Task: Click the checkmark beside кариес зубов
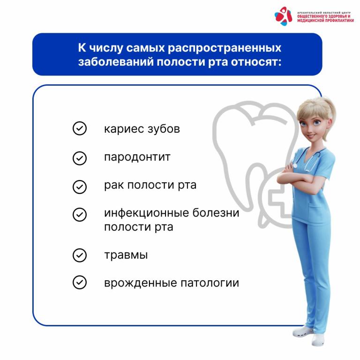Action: pos(79,128)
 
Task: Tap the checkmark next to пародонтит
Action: pos(79,158)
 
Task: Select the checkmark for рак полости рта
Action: pos(79,187)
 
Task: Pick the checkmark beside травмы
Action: pos(79,255)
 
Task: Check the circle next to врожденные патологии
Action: pos(79,282)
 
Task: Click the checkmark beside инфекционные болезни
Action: pos(79,214)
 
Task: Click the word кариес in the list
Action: pos(124,129)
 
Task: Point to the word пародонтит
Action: pos(137,157)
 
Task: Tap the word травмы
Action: pos(126,255)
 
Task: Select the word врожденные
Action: pos(141,283)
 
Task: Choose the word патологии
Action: pos(210,283)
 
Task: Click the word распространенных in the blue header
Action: pos(225,48)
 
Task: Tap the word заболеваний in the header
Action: pos(116,62)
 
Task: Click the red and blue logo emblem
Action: pos(284,16)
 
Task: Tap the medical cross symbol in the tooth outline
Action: pos(278,200)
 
